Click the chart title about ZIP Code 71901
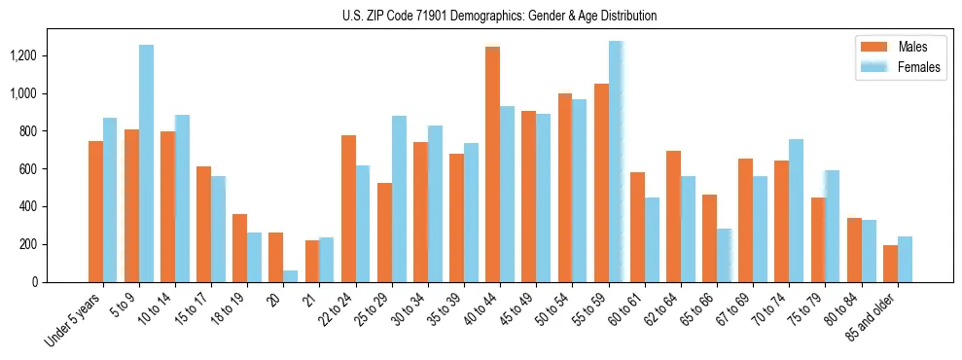pyautogui.click(x=500, y=16)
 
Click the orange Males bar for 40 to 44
pyautogui.click(x=492, y=164)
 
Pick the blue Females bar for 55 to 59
pyautogui.click(x=616, y=162)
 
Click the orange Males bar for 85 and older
pyautogui.click(x=890, y=264)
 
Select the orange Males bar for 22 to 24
pyautogui.click(x=348, y=208)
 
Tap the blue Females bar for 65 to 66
pyautogui.click(x=724, y=255)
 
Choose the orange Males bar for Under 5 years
pyautogui.click(x=95, y=211)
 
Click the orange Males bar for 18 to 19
pyautogui.click(x=239, y=248)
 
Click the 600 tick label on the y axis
pyautogui.click(x=54, y=168)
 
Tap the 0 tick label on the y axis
pyautogui.click(x=60, y=282)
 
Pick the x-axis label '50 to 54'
pyautogui.click(x=551, y=310)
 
